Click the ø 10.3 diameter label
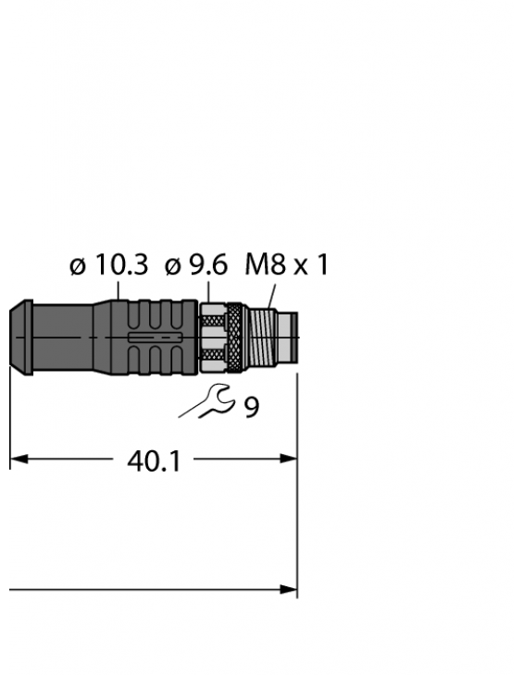click(x=108, y=266)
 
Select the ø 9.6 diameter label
click(x=195, y=266)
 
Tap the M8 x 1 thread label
click(x=286, y=266)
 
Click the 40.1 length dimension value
click(x=154, y=460)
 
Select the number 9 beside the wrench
click(x=251, y=407)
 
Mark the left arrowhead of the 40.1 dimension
click(x=19, y=459)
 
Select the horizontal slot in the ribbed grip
click(x=152, y=339)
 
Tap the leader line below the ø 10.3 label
click(x=119, y=290)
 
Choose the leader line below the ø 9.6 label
click(x=206, y=292)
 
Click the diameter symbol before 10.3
click(x=78, y=267)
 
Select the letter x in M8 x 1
click(x=298, y=268)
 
